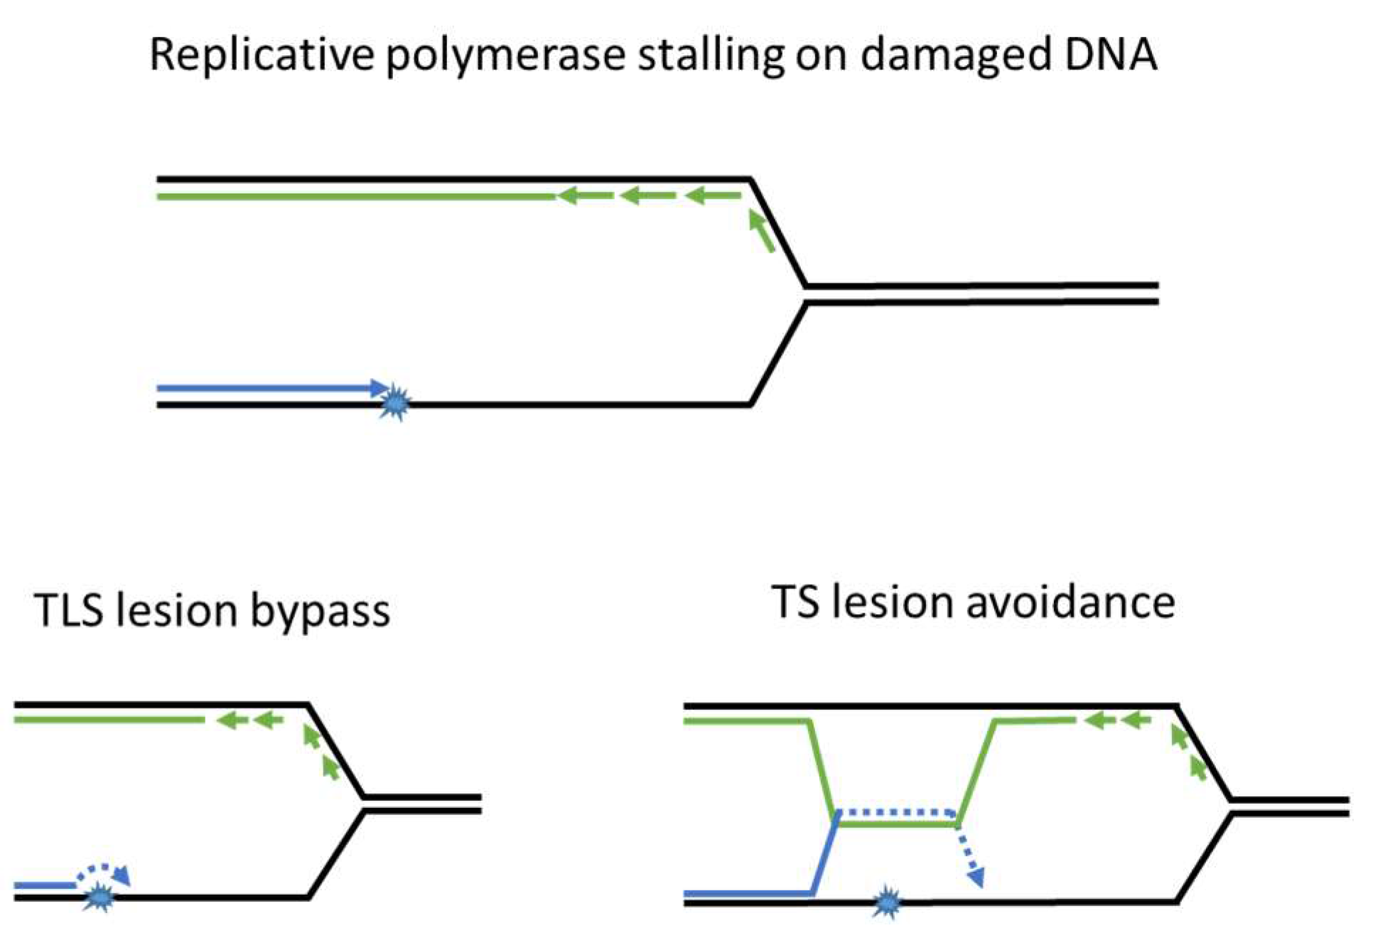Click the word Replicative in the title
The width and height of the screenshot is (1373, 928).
tap(262, 55)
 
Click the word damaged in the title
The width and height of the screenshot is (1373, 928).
tap(955, 55)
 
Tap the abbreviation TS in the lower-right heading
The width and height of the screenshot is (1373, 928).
tap(795, 603)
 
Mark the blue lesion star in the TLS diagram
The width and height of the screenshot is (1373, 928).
tap(99, 898)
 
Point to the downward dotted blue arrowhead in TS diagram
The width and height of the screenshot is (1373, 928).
tap(976, 878)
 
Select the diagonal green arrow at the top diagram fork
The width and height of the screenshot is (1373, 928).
tap(762, 231)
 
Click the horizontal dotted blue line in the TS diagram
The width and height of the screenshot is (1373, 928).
tap(897, 811)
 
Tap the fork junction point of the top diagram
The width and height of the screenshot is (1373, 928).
tap(806, 294)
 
